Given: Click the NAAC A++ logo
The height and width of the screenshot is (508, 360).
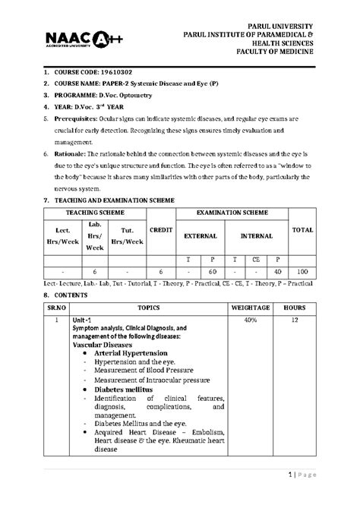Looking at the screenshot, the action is [x=73, y=39].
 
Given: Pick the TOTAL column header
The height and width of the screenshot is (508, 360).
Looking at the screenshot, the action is [x=304, y=228].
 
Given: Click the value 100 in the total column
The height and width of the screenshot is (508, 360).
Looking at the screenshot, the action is [x=304, y=270].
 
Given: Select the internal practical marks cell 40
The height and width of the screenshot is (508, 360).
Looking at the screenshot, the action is [x=278, y=270].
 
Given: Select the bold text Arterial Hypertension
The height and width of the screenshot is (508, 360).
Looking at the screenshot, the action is [x=131, y=353].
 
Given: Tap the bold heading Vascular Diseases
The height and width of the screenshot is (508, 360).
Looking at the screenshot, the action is [x=108, y=344].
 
